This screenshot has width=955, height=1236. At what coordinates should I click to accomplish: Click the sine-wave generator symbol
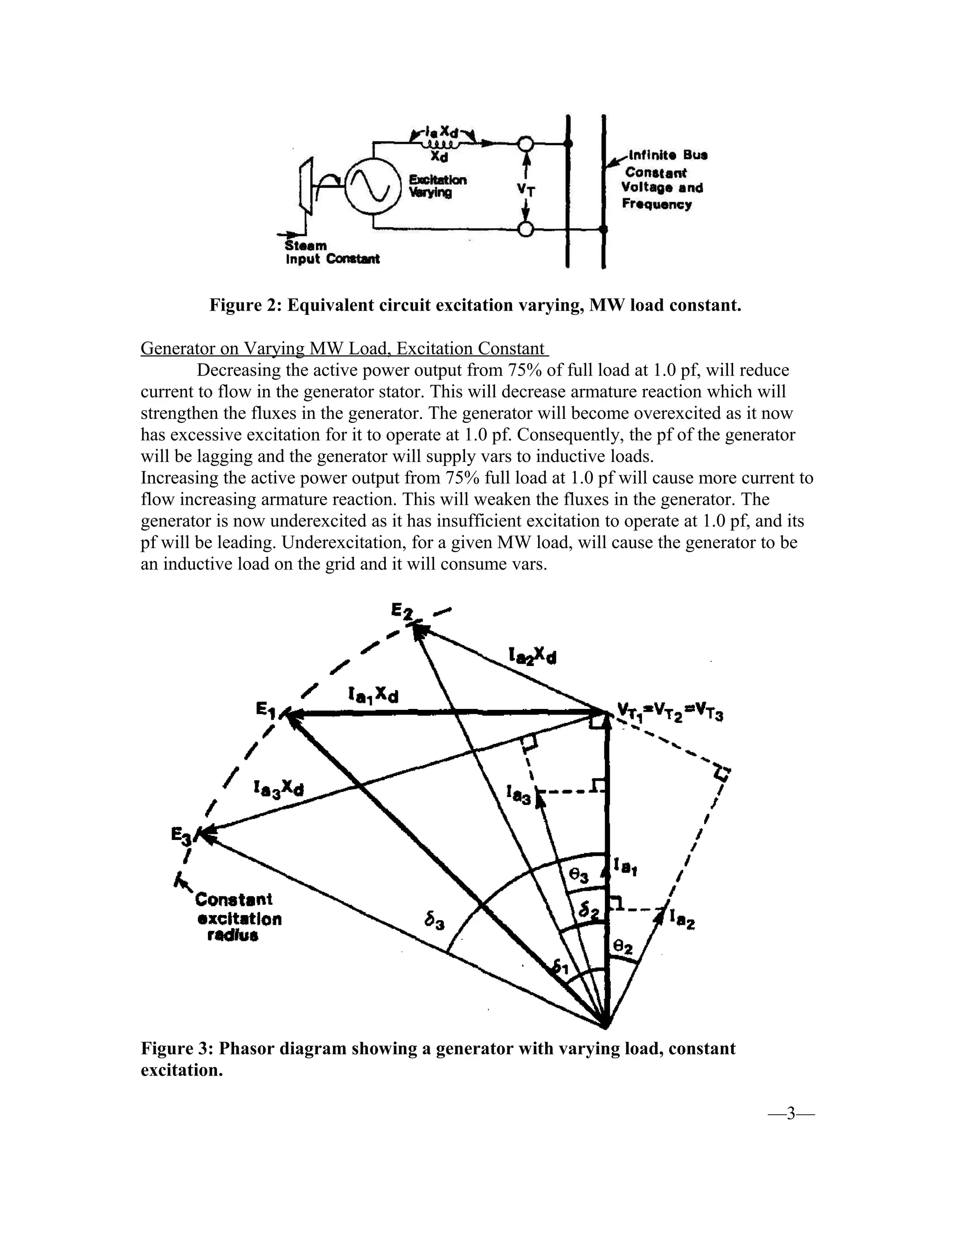(x=369, y=187)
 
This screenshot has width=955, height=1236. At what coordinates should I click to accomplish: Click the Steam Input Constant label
(x=332, y=253)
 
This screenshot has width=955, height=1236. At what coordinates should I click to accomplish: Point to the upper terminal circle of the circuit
(x=526, y=144)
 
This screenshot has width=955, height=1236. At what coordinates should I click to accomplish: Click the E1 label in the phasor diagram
(x=265, y=709)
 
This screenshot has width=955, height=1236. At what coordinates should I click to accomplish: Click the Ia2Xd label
(x=532, y=656)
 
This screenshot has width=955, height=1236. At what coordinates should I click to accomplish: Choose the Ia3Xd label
(x=278, y=787)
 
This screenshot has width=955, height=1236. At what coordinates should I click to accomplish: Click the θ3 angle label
(x=579, y=875)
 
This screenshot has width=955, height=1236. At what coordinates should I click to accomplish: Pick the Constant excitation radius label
(x=238, y=917)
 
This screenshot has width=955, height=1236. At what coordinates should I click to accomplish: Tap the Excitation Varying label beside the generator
(x=437, y=186)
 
